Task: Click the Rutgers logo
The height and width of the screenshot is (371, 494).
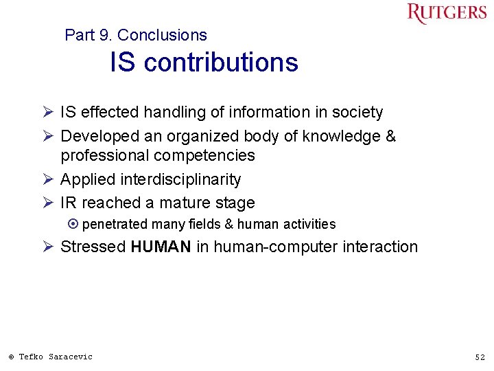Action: (446, 13)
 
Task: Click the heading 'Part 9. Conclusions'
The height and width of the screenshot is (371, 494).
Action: (135, 35)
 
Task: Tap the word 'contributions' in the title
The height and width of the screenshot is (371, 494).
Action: (221, 63)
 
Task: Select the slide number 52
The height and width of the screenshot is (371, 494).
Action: (480, 357)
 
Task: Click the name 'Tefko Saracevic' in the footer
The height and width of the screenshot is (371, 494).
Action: (56, 357)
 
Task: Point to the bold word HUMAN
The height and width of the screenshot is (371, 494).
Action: (161, 247)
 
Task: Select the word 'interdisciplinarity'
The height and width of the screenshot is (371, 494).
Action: (180, 180)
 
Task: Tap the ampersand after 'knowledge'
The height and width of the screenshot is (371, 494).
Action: (390, 136)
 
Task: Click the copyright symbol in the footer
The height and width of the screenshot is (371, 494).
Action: (11, 357)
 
